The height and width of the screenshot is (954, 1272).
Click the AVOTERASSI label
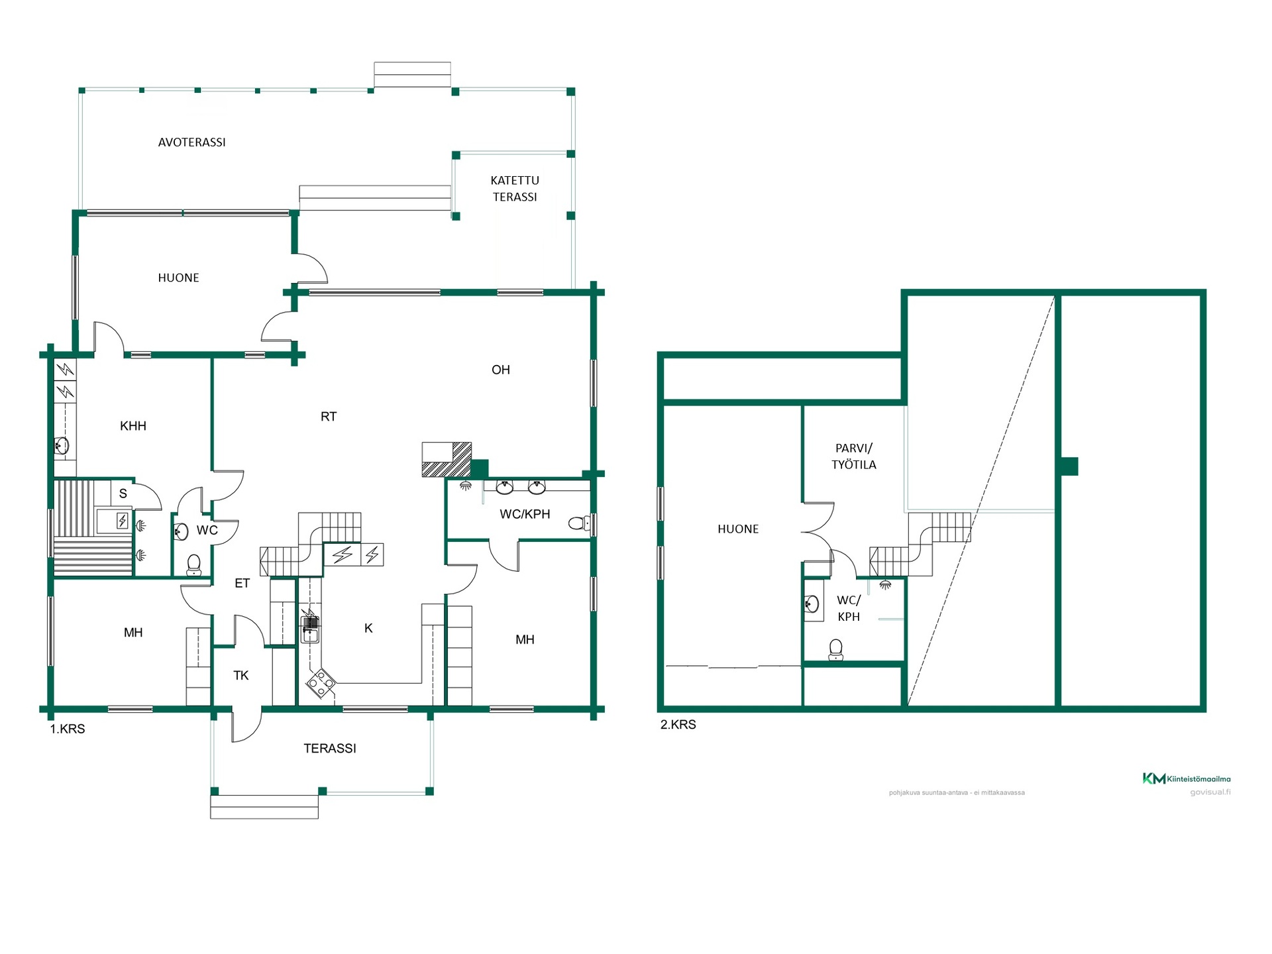(x=191, y=142)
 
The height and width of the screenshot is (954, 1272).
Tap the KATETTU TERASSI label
(x=515, y=188)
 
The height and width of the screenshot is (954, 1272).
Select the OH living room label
(x=501, y=370)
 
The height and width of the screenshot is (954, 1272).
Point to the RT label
(x=329, y=416)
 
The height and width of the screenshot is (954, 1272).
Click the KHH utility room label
(x=133, y=426)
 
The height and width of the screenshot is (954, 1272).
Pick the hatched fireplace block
(x=447, y=459)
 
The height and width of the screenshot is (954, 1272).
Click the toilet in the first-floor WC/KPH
(x=579, y=523)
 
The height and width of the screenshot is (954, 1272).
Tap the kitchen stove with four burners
(x=321, y=683)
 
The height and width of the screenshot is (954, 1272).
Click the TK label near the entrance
(x=241, y=676)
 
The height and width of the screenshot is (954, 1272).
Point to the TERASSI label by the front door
(x=330, y=749)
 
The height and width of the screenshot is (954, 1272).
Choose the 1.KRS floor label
(x=68, y=729)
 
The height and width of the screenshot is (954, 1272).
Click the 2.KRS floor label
(x=678, y=725)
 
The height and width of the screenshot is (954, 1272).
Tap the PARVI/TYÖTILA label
(x=854, y=456)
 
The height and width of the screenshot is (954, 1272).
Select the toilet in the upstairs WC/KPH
(x=836, y=649)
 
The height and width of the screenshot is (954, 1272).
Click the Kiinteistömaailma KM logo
(x=1187, y=778)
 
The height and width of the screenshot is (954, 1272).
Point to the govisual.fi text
(x=1210, y=792)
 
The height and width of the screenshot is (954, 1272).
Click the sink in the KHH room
(x=62, y=446)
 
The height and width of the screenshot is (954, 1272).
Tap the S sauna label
(x=123, y=494)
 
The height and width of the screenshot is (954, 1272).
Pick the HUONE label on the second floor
(x=738, y=529)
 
